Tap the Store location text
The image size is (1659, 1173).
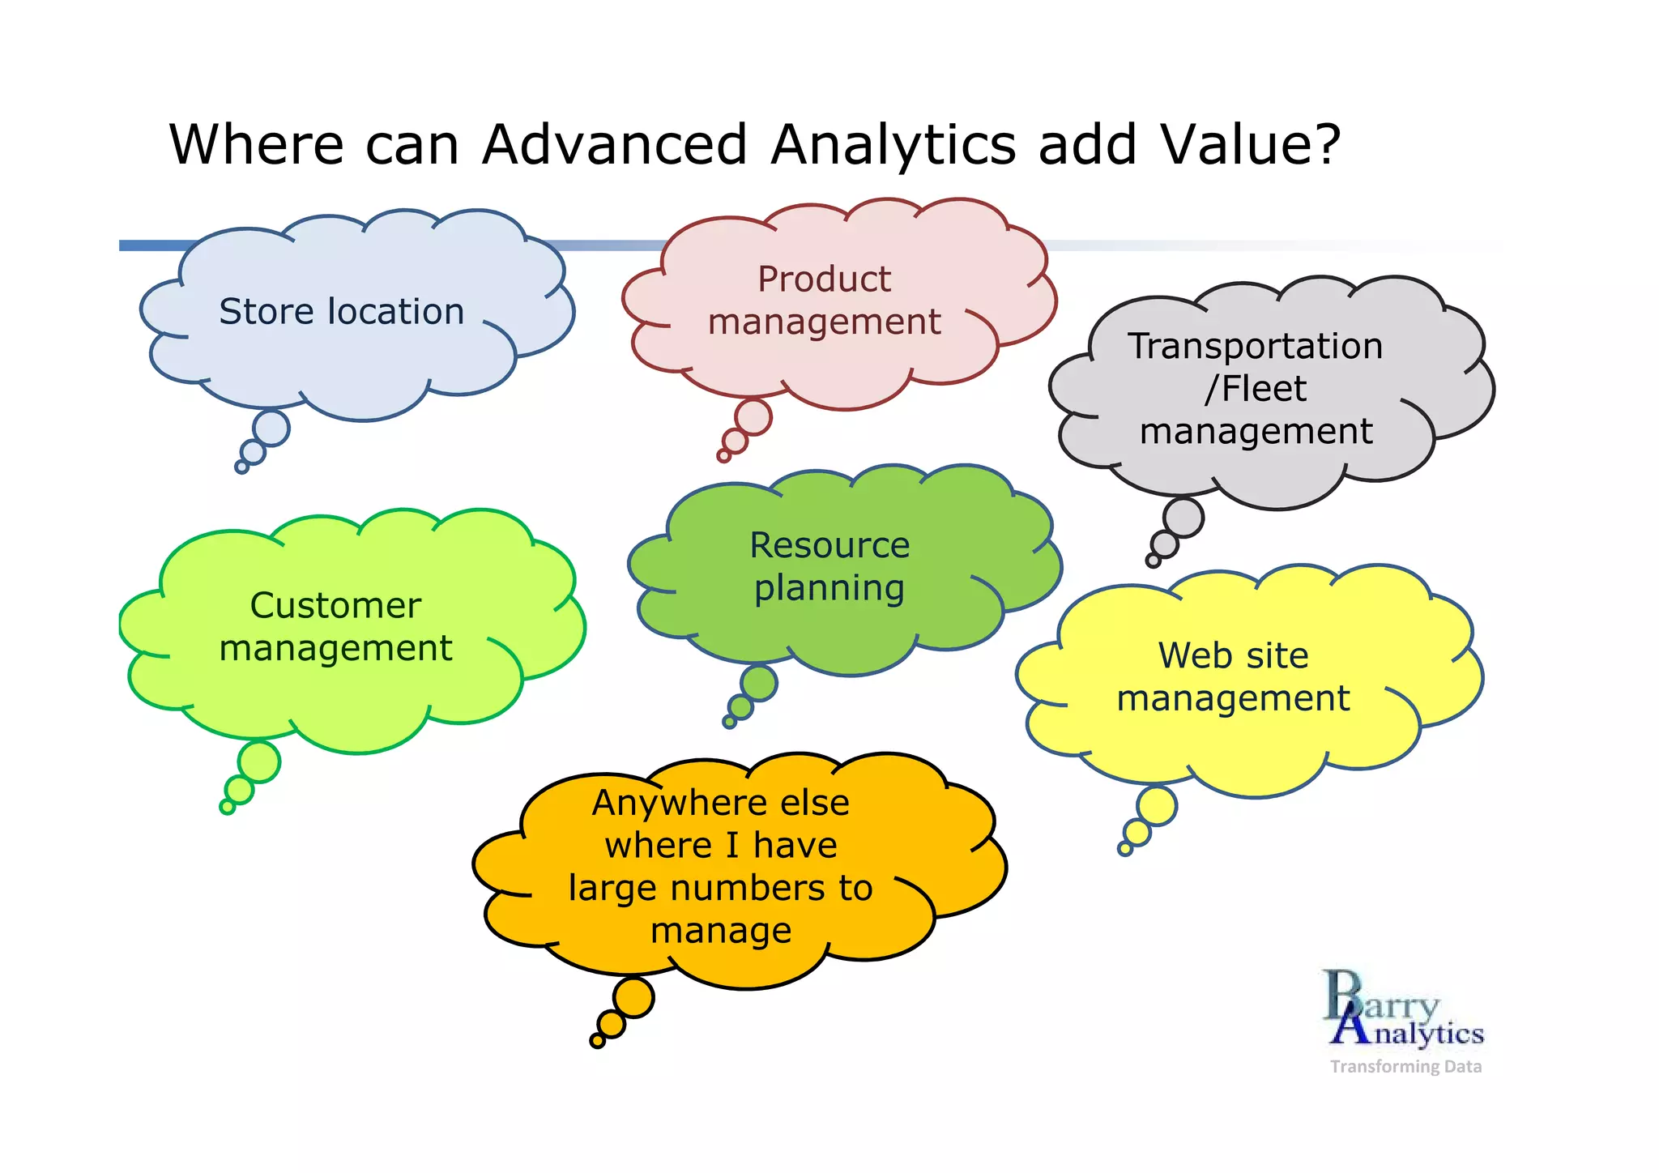341,312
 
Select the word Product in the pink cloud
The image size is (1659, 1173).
824,279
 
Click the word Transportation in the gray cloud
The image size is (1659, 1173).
1255,346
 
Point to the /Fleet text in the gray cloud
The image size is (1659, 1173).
1255,389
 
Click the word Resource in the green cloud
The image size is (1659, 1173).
829,545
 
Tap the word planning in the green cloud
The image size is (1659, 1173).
829,588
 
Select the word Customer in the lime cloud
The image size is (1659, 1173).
335,606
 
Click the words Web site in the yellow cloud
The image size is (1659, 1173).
1233,655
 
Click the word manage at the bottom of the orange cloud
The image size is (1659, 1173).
721,931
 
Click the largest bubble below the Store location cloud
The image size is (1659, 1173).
271,428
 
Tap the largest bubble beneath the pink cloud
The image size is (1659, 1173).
753,417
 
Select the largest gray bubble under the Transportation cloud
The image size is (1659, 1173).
1183,518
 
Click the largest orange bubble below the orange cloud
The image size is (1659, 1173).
633,997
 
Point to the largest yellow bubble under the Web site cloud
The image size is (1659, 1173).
1156,806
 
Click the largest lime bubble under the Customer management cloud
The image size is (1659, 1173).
259,761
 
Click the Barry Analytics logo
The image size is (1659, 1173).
1403,1009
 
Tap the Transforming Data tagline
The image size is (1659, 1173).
1405,1067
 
